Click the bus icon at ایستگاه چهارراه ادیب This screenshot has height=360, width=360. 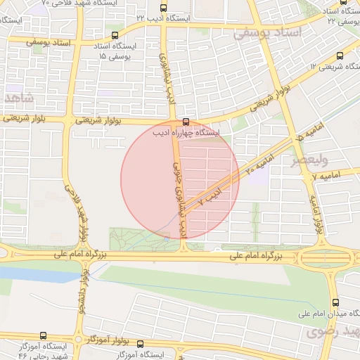[186, 122]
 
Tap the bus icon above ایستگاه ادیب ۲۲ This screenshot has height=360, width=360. [163, 8]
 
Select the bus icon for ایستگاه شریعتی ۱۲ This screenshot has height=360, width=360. [341, 56]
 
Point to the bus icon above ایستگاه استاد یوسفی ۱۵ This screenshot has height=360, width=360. [115, 35]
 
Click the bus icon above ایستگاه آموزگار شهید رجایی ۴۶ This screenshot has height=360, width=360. [44, 335]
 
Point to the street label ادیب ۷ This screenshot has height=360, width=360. [210, 196]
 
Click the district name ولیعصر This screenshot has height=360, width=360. [311, 160]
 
